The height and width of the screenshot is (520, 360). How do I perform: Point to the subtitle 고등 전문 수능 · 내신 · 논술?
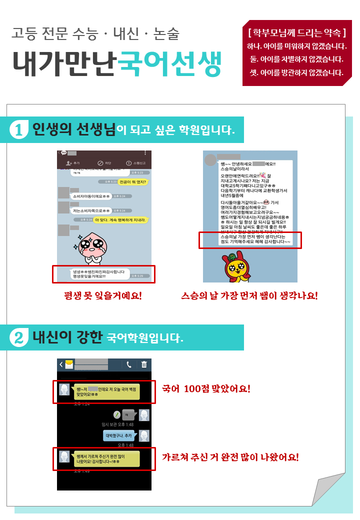pyautogui.click(x=95, y=34)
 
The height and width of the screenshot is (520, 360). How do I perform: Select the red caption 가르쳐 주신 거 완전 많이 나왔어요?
pyautogui.click(x=230, y=457)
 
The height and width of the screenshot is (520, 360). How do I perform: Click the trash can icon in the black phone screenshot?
pyautogui.click(x=144, y=364)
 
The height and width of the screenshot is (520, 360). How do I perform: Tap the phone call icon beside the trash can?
pyautogui.click(x=128, y=364)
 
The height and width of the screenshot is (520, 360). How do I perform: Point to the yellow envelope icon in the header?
pyautogui.click(x=68, y=364)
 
